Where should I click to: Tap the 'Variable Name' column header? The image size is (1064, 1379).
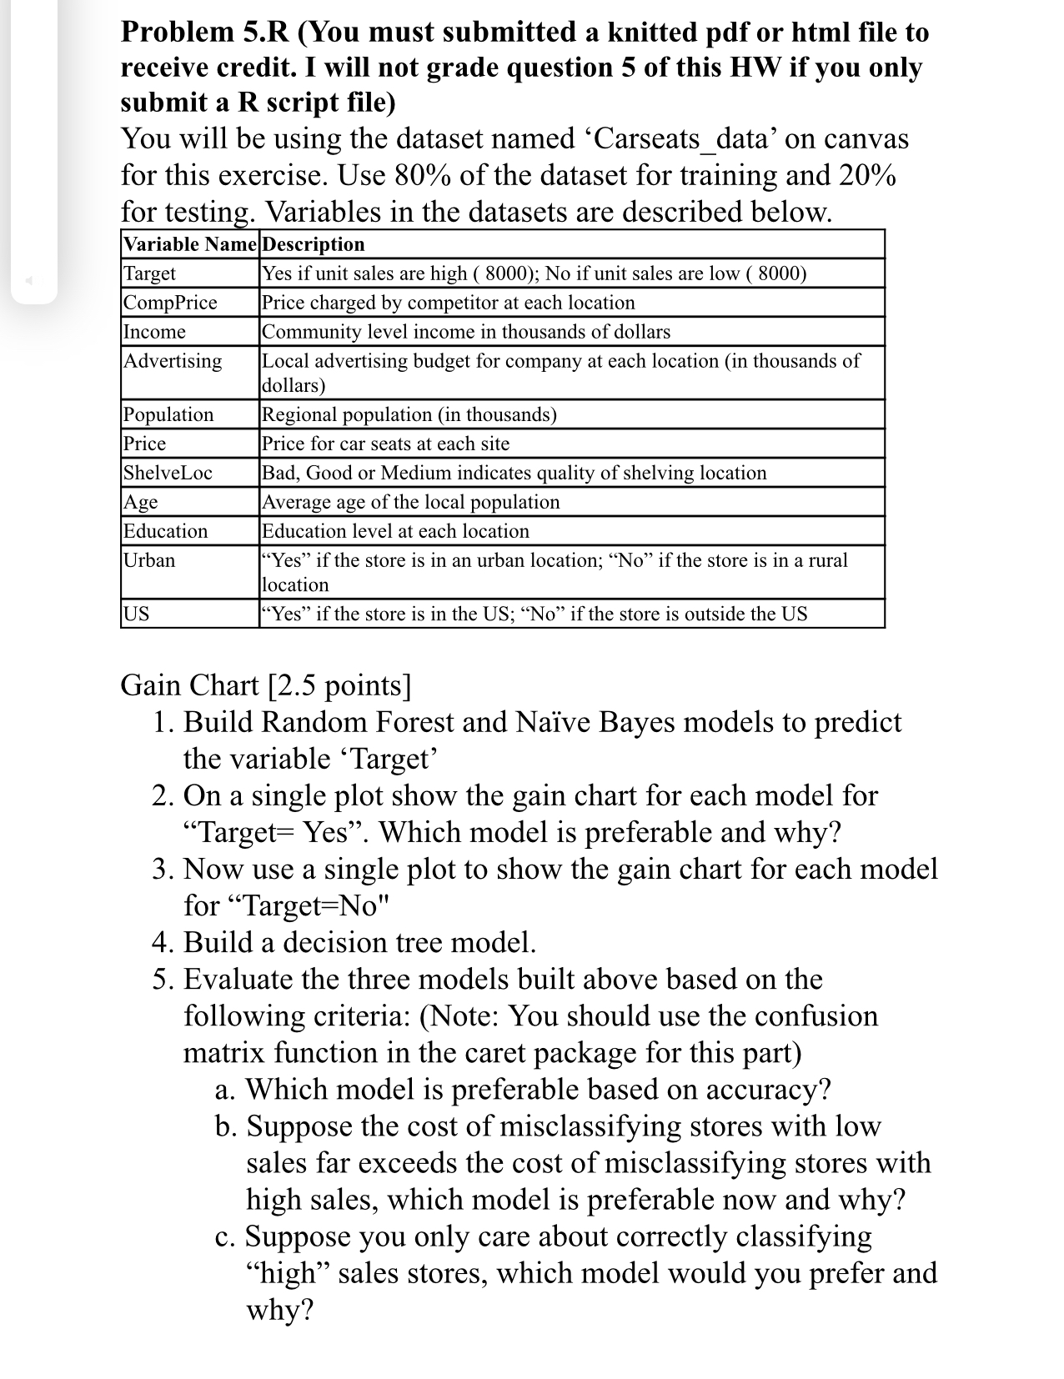tap(191, 244)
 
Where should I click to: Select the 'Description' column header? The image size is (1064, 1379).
tap(314, 244)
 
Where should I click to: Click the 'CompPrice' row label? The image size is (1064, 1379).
tap(170, 303)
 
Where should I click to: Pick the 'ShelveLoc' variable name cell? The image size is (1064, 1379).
tap(168, 473)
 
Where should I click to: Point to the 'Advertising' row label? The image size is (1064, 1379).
tap(173, 361)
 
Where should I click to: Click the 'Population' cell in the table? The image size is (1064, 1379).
tap(168, 414)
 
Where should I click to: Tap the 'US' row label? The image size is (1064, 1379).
tap(137, 614)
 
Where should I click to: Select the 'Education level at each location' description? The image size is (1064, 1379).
tap(395, 531)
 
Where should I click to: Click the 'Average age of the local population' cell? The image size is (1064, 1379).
tap(411, 502)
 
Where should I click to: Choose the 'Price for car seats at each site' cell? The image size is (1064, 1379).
tap(385, 444)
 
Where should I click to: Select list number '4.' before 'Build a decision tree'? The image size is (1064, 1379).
tap(163, 942)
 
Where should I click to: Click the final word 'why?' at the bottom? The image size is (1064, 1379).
tap(279, 1310)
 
